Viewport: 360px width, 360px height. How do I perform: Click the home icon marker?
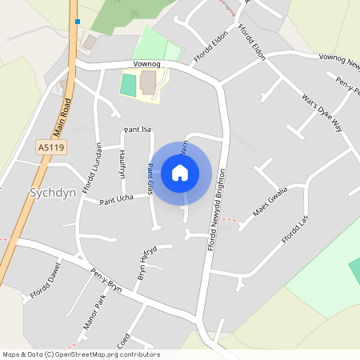[180, 173]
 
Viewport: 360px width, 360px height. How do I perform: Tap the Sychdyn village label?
[51, 193]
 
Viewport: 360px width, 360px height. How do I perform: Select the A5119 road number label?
[51, 147]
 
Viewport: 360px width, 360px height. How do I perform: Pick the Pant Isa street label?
[138, 130]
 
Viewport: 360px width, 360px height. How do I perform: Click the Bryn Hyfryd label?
[144, 262]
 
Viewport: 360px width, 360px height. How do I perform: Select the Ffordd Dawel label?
[46, 283]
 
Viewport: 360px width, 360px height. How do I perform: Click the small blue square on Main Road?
[77, 22]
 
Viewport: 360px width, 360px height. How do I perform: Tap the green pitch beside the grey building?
[128, 85]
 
